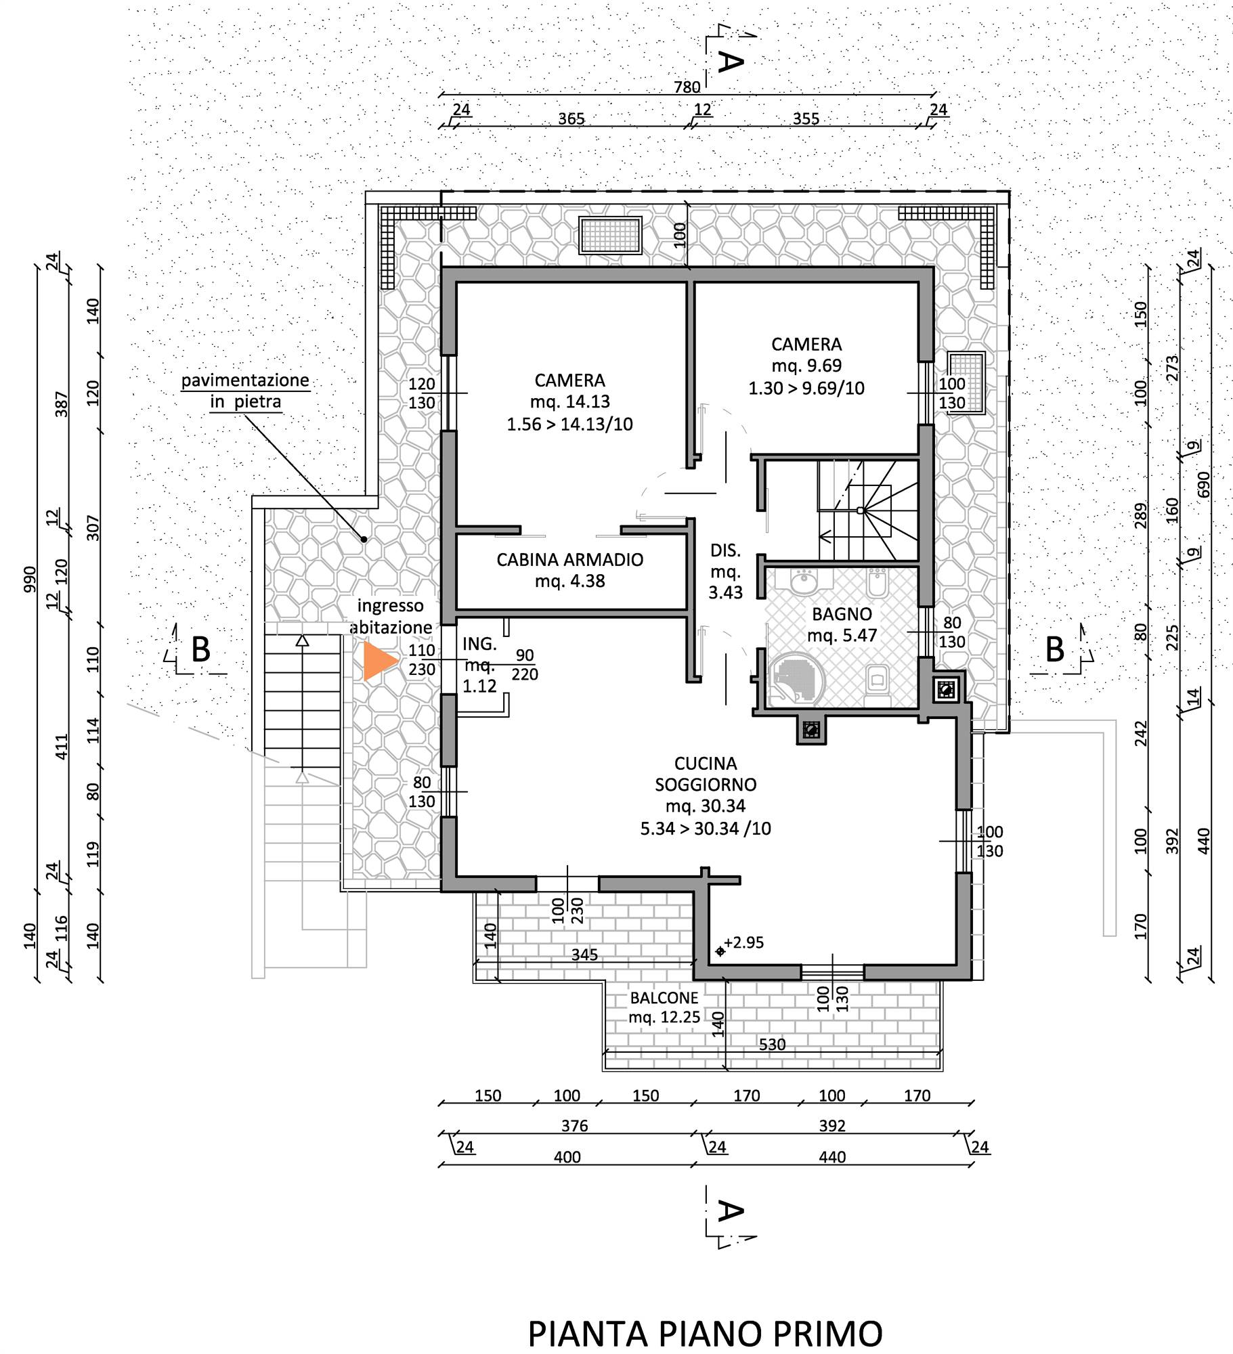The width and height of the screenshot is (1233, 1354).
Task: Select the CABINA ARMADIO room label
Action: [x=569, y=560]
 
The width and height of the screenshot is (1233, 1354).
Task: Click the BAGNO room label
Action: [x=842, y=615]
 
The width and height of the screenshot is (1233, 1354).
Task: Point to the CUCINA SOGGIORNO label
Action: [x=706, y=774]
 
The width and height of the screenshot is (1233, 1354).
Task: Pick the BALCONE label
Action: [x=664, y=998]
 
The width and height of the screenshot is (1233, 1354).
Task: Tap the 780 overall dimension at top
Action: [x=687, y=87]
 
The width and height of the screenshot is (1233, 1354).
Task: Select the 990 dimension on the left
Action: [x=30, y=580]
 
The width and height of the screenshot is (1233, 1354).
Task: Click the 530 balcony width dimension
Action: [x=772, y=1045]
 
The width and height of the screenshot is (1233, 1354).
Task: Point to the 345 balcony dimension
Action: [x=584, y=955]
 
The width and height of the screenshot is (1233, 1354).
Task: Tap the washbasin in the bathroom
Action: [x=804, y=581]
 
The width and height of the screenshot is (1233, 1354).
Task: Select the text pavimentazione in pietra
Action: [x=245, y=391]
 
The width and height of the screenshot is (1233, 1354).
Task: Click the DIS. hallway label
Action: [x=725, y=550]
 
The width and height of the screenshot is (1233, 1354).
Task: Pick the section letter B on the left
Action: [x=200, y=649]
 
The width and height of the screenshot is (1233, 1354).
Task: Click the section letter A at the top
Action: [x=730, y=62]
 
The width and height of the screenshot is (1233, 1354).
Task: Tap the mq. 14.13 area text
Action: [x=570, y=401]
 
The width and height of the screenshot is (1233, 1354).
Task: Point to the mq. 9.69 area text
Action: [x=806, y=366]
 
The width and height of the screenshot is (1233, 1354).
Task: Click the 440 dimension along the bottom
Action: [x=832, y=1157]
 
